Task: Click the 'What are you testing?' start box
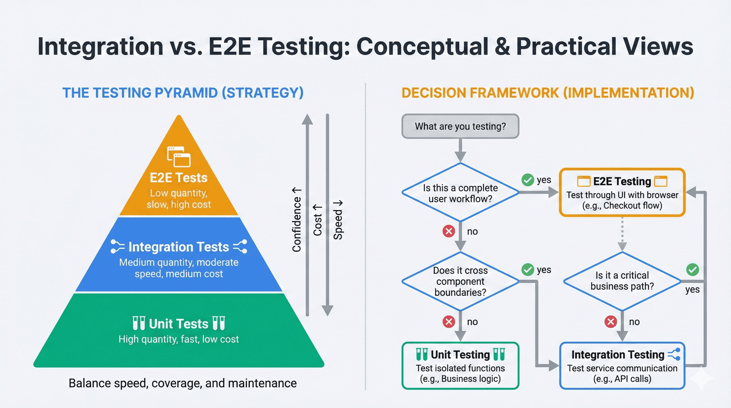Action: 460,126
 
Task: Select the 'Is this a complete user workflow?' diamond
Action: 460,193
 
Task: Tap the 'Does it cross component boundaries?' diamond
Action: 460,281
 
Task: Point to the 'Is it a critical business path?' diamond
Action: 622,281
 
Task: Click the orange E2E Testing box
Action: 622,193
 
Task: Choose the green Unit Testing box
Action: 460,366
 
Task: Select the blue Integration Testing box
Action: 622,366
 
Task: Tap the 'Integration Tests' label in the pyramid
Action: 178,247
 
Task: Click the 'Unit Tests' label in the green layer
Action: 178,323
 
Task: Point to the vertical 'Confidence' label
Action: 297,220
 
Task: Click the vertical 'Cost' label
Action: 317,220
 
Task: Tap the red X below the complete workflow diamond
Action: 449,231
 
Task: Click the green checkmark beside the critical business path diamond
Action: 692,270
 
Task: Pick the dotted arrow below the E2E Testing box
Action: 622,234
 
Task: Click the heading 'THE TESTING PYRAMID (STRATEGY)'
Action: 183,93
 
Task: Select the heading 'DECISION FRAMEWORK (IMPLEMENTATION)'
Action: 548,93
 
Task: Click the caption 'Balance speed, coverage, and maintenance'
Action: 182,383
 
